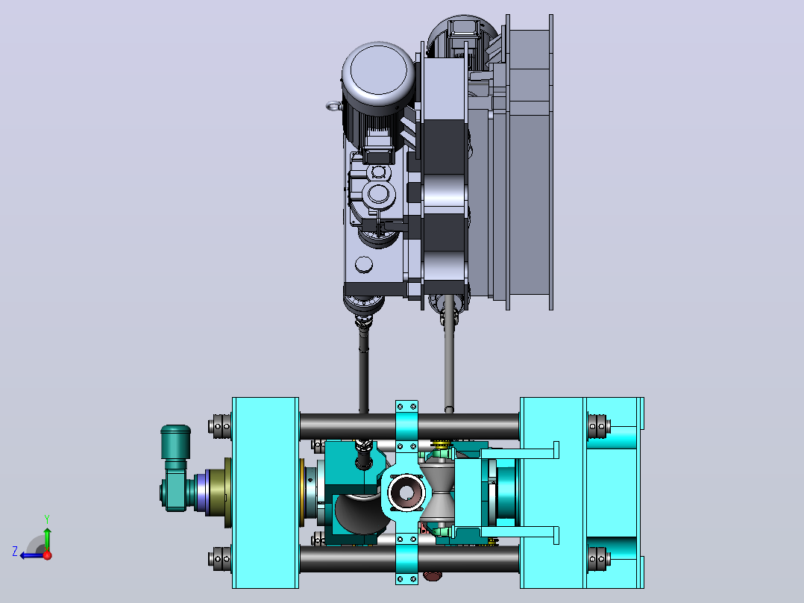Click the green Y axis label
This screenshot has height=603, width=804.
(x=47, y=519)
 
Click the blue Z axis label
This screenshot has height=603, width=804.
(x=15, y=552)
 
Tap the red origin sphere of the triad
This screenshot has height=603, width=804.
(x=48, y=555)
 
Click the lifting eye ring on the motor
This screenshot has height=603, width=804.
(x=333, y=106)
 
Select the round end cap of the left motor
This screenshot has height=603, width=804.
(x=378, y=70)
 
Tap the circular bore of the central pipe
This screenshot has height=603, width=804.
(x=406, y=493)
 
